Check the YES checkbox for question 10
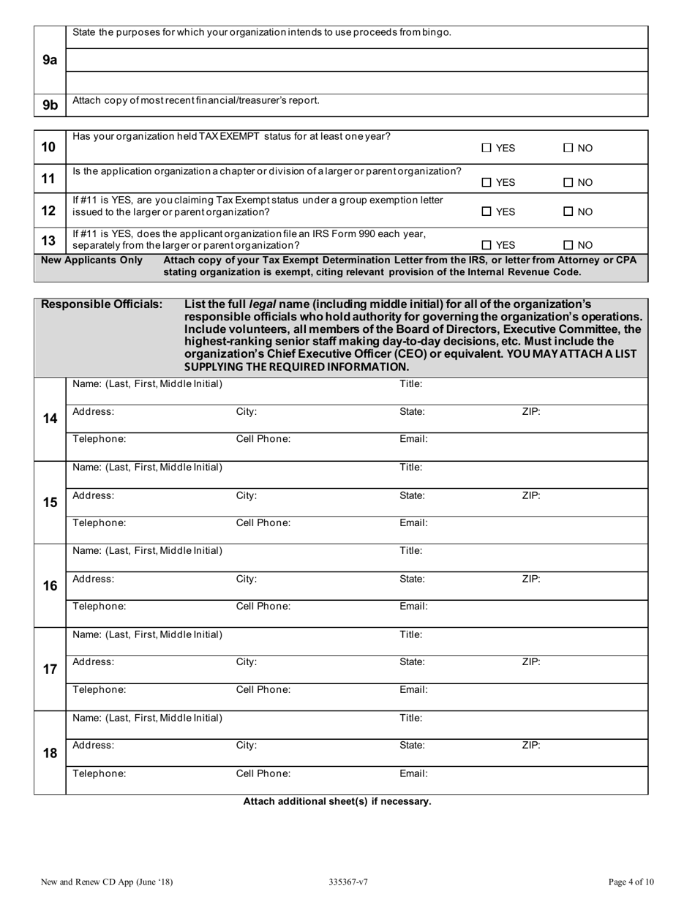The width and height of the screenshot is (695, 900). [x=487, y=149]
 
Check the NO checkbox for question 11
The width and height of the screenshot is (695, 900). [x=568, y=183]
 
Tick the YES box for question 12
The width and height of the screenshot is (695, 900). [x=487, y=212]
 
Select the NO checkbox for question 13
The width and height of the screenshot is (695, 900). [x=568, y=246]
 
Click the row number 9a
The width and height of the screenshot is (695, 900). [x=50, y=60]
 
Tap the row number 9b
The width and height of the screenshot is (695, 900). [x=50, y=105]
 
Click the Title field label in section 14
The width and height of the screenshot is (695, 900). [x=410, y=384]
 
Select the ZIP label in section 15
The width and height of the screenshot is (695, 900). [x=531, y=495]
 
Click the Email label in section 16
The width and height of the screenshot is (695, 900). [x=413, y=607]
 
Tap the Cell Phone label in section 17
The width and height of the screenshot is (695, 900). [x=263, y=689]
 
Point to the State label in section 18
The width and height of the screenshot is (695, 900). [x=412, y=746]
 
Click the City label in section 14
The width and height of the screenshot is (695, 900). [x=247, y=412]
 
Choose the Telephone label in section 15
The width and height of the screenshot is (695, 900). [x=99, y=523]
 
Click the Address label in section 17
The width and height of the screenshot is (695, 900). [x=93, y=662]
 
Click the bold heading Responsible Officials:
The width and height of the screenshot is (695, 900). [x=102, y=304]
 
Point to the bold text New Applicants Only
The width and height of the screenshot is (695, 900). [x=91, y=260]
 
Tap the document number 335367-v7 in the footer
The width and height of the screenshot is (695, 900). [x=348, y=882]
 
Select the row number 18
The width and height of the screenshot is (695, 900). [x=50, y=753]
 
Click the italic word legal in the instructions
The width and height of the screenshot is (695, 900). [x=263, y=304]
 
